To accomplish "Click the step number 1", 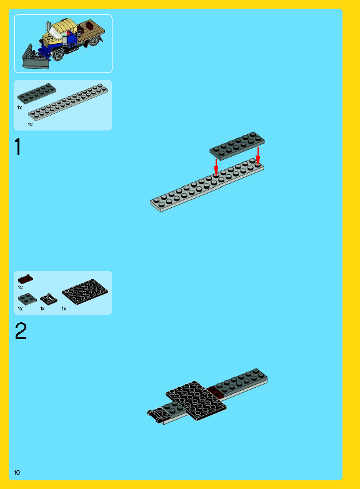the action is pyautogui.click(x=18, y=147).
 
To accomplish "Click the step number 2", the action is pyautogui.click(x=21, y=331).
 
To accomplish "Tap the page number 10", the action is pyautogui.click(x=17, y=472).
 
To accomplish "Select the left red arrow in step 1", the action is pyautogui.click(x=216, y=167).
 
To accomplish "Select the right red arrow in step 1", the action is pyautogui.click(x=258, y=156).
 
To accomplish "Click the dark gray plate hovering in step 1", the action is pyautogui.click(x=237, y=146).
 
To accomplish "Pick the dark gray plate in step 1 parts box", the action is pyautogui.click(x=37, y=93).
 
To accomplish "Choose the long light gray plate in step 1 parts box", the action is pyautogui.click(x=68, y=102).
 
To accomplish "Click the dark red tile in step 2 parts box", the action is pyautogui.click(x=26, y=279).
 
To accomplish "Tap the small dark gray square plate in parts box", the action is pyautogui.click(x=27, y=299).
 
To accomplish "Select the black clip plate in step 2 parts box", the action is pyautogui.click(x=49, y=299).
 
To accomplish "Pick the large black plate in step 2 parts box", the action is pyautogui.click(x=85, y=292).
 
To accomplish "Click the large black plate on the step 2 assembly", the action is pyautogui.click(x=196, y=400).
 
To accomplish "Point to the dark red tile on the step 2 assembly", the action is pyautogui.click(x=216, y=392).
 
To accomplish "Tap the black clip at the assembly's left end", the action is pyautogui.click(x=154, y=416).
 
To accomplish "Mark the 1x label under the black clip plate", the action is pyautogui.click(x=42, y=309).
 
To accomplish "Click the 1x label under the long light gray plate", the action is pyautogui.click(x=30, y=124).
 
